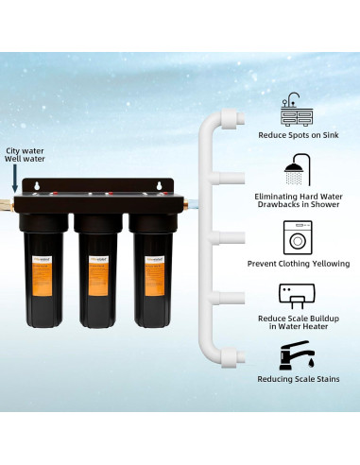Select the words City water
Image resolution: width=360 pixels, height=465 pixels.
(x=24, y=149)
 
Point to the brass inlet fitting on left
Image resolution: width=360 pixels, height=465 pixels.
(x=13, y=202)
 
